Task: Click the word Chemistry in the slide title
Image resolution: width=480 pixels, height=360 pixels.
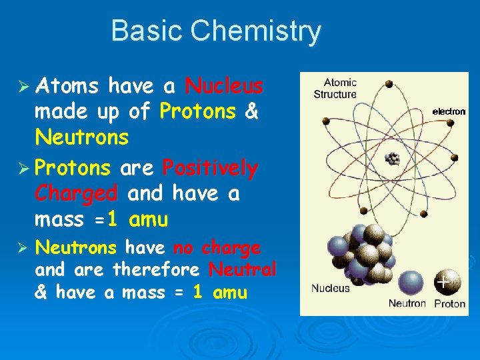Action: [x=256, y=31]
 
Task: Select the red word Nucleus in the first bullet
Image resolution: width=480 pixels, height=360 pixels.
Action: [x=224, y=86]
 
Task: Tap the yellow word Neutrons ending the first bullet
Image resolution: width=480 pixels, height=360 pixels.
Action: [x=81, y=138]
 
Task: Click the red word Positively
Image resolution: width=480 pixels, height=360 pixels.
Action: [x=209, y=167]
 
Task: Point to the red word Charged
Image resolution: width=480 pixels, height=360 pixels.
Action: [x=76, y=193]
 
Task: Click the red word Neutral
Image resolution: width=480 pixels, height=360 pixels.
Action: [x=242, y=270]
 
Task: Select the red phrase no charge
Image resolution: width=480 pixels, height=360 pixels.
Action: [x=217, y=248]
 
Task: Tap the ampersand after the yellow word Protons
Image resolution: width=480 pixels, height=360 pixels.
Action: [x=252, y=112]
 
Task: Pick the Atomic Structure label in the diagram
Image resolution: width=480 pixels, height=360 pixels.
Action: [x=335, y=89]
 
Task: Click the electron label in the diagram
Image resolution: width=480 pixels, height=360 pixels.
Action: [x=449, y=111]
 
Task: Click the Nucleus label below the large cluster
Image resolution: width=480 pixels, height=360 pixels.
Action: [x=330, y=289]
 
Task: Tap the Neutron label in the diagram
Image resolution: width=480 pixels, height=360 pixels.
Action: [x=407, y=303]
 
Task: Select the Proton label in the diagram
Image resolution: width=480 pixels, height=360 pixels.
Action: [x=450, y=303]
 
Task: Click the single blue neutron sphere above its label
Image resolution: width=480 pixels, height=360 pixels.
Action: [x=408, y=280]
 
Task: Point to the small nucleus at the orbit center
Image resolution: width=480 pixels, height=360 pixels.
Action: [x=393, y=159]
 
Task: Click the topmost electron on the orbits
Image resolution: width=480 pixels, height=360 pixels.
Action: [x=389, y=85]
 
